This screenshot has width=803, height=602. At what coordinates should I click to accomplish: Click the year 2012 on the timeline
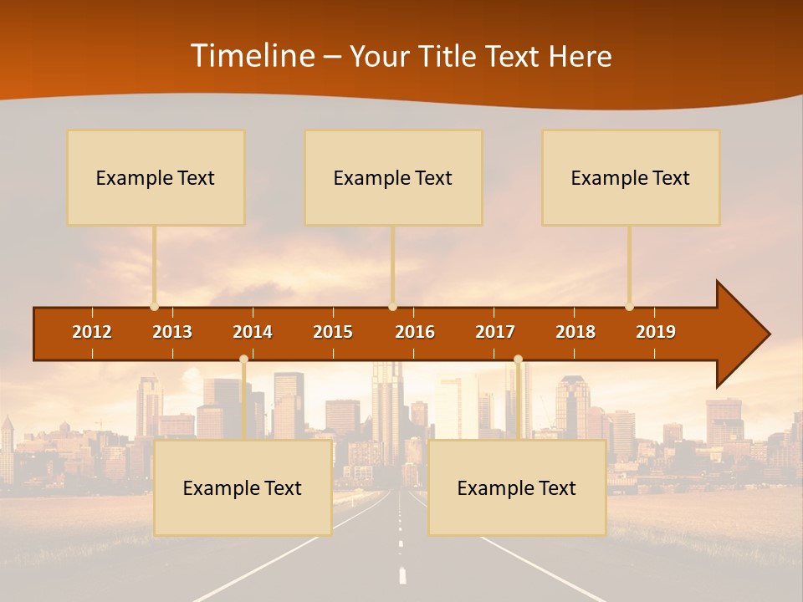pos(92,332)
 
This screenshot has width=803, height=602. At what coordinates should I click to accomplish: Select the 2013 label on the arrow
pos(172,332)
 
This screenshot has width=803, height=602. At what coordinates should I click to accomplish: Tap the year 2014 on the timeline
pos(253,332)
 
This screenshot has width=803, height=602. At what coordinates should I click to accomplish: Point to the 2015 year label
pos(333,332)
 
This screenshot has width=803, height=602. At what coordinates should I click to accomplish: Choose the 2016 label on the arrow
pos(415,332)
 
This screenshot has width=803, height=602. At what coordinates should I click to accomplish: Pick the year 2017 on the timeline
pos(495,332)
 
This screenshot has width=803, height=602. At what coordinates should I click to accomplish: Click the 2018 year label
pos(575,332)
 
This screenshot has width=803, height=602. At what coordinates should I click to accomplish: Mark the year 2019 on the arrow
pos(656,332)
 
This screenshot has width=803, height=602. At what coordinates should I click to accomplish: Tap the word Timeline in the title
pos(252,56)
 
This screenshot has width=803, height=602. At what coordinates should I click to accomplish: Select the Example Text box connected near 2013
pos(156,177)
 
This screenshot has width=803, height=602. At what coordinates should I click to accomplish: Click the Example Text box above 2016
pos(393,177)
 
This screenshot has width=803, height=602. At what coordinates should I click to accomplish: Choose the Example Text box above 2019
pos(631,177)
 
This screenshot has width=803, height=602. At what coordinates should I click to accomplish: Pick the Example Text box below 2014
pos(243,487)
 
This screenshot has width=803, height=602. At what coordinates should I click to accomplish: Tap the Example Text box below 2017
pos(517,487)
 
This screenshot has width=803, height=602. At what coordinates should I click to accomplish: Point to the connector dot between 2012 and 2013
pos(154,306)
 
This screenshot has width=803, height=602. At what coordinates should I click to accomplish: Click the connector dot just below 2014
pos(243,360)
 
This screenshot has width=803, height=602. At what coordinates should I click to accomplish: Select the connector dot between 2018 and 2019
pos(629,306)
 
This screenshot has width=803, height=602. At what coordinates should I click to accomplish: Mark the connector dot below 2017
pos(518,360)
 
